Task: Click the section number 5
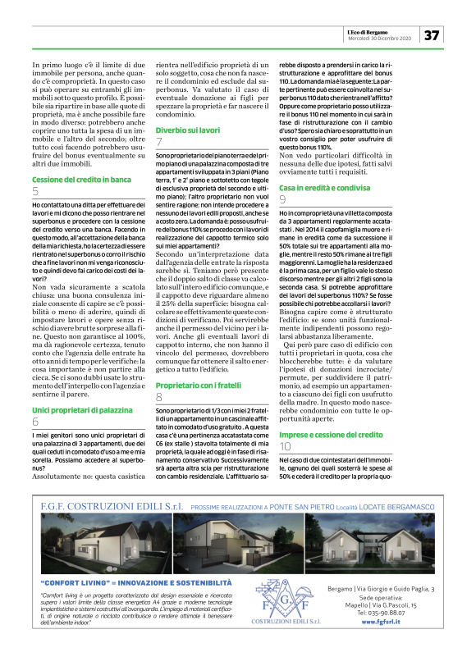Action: coord(35,191)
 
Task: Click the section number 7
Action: coord(159,143)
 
